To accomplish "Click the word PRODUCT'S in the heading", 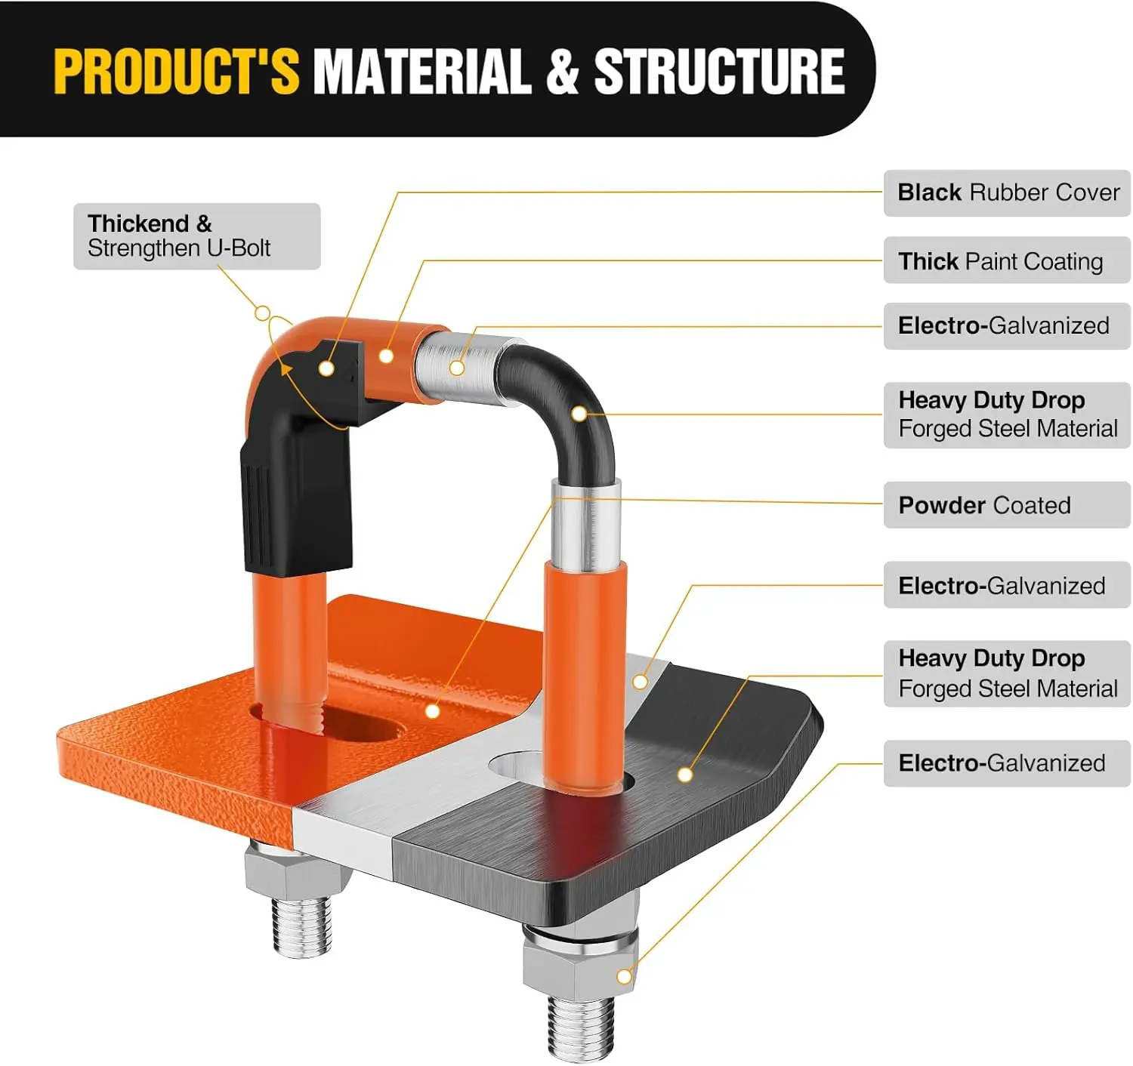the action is pos(176,71).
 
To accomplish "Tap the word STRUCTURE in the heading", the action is pos(719,71).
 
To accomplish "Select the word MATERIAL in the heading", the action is pos(423,71).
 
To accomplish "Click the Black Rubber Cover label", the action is pos(1007,193).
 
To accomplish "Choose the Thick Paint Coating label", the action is pos(1007,260).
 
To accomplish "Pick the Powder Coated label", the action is pos(1007,505).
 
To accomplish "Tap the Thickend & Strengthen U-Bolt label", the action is pos(197,236).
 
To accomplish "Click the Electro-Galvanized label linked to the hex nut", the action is pos(1007,763).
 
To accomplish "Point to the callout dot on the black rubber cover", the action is pos(326,368).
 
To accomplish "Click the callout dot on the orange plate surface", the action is pos(433,711).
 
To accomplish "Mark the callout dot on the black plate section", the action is pos(685,775).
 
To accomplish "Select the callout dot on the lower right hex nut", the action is pos(625,976).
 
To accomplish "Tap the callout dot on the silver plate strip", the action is pos(640,682).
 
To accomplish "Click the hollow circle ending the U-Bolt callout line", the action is pos(262,313).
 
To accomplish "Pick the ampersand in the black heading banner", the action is pos(563,71).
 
